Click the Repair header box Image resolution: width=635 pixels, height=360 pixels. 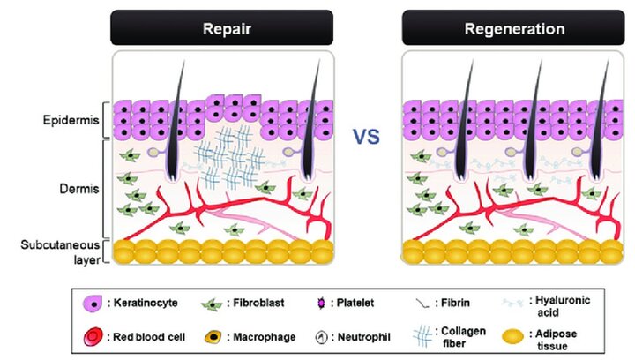(220, 27)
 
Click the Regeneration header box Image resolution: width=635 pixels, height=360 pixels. (514, 27)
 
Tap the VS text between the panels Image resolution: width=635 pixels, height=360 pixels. (367, 137)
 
